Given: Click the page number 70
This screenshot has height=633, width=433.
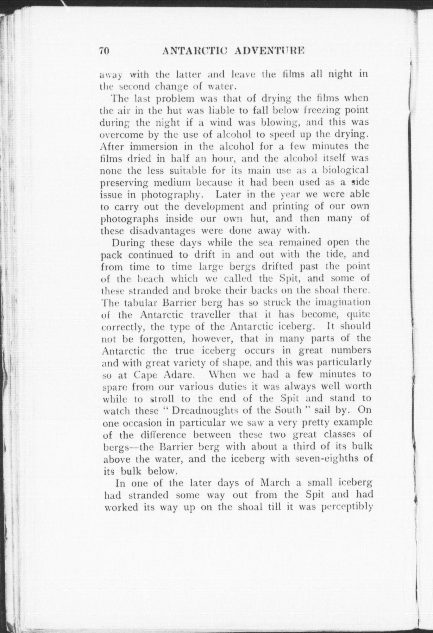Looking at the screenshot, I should [104, 51].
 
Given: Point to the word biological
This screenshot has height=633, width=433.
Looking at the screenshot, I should [345, 170].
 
